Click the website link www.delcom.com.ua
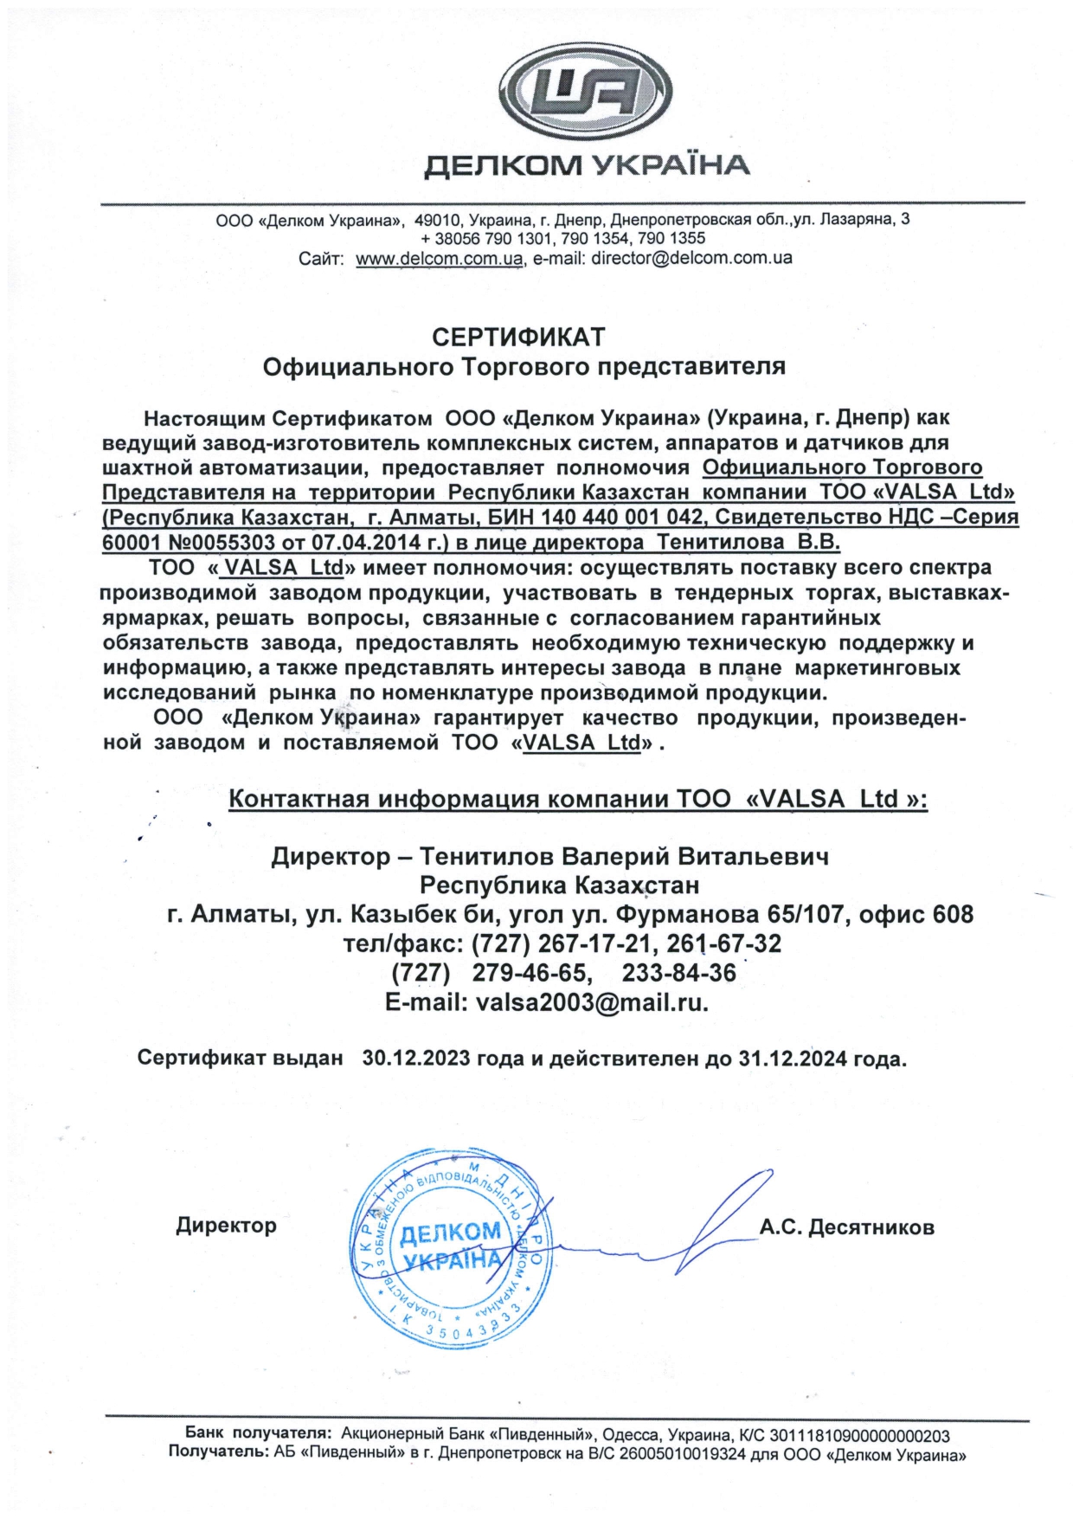click(x=440, y=258)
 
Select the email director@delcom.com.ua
click(x=691, y=258)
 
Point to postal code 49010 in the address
click(x=436, y=219)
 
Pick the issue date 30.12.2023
click(x=416, y=1059)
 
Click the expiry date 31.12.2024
click(x=793, y=1059)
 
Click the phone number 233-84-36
click(x=678, y=973)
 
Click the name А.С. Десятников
click(x=846, y=1227)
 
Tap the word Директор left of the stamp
click(x=226, y=1226)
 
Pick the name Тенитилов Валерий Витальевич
click(x=624, y=857)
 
